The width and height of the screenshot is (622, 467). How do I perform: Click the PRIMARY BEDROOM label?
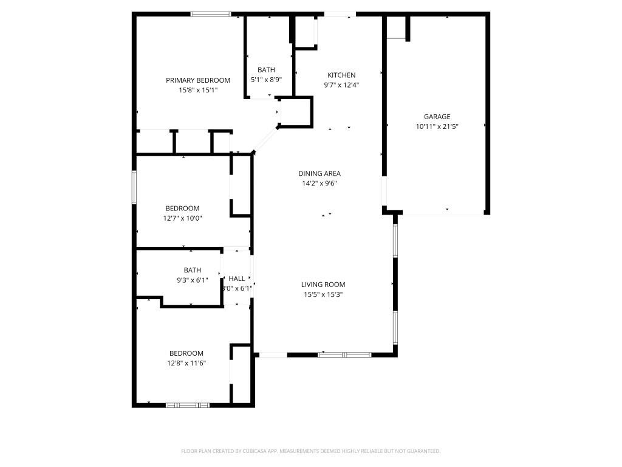coord(198,80)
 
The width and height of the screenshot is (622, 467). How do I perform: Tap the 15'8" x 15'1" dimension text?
coord(198,90)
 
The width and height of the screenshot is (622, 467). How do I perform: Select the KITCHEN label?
coord(341,75)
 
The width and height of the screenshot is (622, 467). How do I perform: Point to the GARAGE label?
coord(437,117)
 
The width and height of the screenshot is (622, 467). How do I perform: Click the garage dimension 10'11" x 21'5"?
coord(437,126)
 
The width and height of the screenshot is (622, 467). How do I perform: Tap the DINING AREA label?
coord(319,173)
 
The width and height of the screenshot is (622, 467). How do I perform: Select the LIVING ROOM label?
coord(323,285)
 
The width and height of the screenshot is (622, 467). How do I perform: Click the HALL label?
coord(237,278)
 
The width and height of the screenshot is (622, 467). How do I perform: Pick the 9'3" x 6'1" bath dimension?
coord(193,280)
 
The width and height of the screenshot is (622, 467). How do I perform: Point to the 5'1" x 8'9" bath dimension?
coord(266,80)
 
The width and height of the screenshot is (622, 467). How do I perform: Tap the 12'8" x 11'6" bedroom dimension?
coord(186,363)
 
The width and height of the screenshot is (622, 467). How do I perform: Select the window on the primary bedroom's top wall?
coord(211,14)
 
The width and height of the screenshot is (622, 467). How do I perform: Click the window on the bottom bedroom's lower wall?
coord(188,404)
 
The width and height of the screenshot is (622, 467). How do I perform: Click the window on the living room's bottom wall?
coord(344,354)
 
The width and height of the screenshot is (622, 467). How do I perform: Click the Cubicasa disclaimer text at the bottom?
coord(310,451)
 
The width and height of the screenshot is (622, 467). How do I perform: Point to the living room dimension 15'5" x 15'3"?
coord(323,294)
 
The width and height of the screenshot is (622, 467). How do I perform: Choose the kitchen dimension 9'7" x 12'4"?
coord(341,85)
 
